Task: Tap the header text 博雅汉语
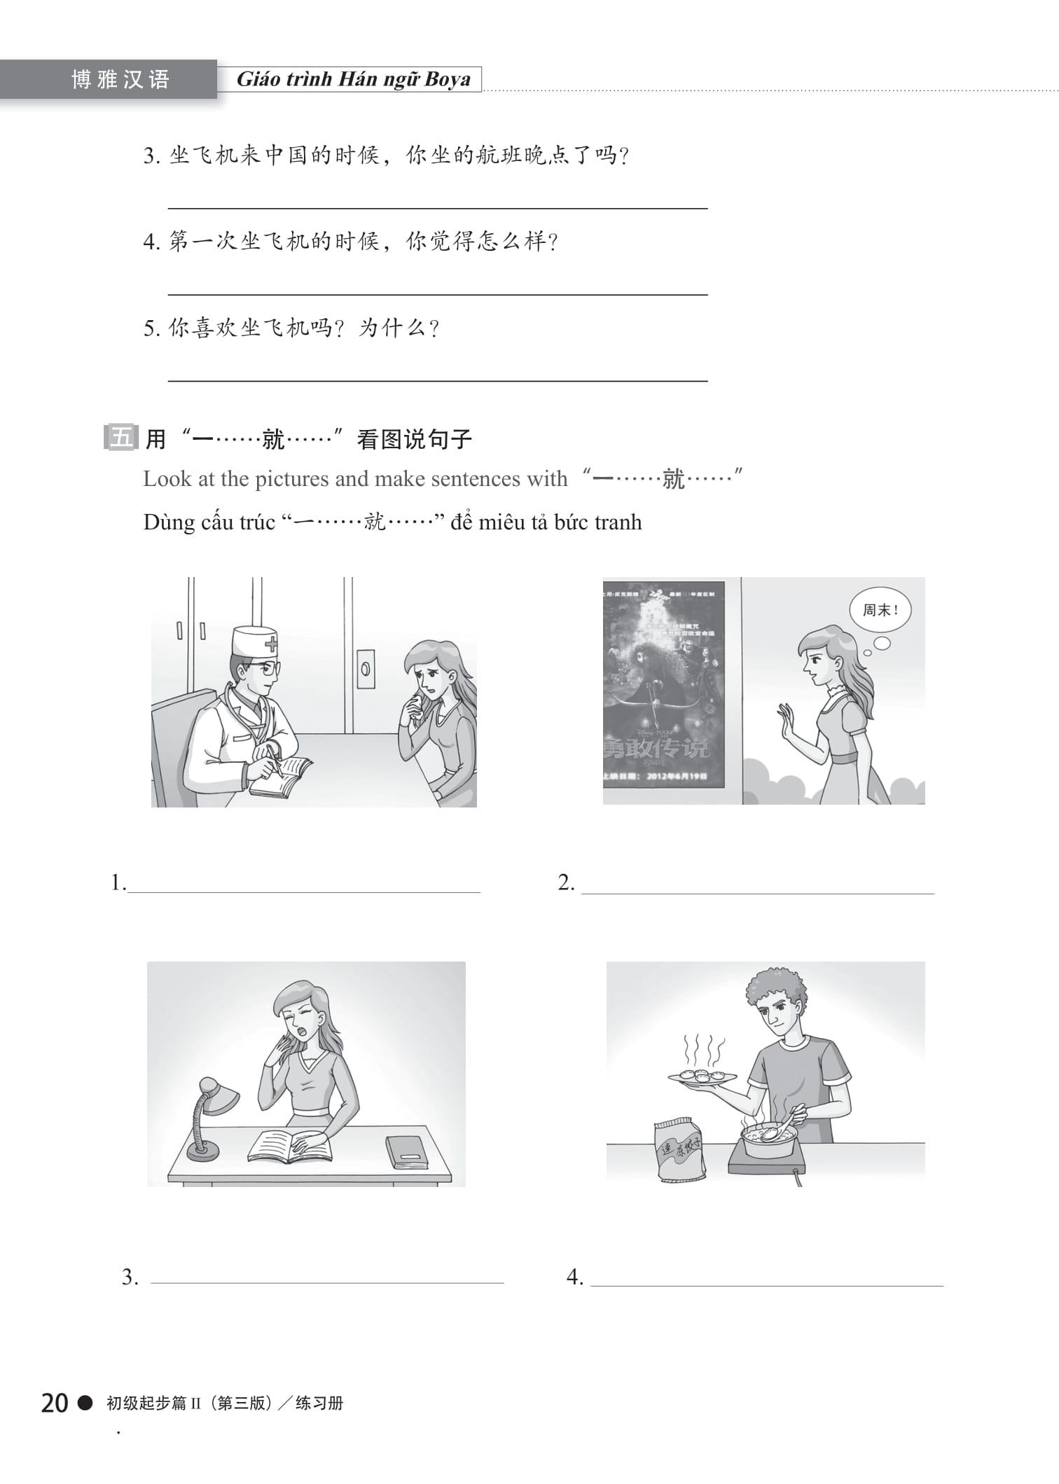(120, 80)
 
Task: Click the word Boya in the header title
(447, 79)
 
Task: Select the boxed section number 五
(120, 438)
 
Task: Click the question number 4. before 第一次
(152, 242)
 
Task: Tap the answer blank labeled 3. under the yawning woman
(327, 1278)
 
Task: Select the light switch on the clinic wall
(366, 668)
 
